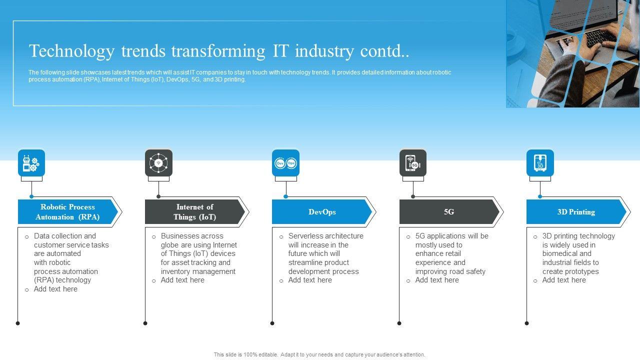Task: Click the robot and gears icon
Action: [x=31, y=163]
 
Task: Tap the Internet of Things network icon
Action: [x=158, y=163]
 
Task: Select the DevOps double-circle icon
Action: [x=285, y=163]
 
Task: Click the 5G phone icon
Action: [x=413, y=163]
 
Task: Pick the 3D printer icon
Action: [x=540, y=163]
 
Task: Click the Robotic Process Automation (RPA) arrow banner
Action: [x=67, y=212]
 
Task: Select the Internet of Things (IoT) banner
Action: [x=194, y=212]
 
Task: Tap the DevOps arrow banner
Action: [x=321, y=212]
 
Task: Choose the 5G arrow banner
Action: [x=449, y=212]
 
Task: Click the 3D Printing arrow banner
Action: [x=576, y=212]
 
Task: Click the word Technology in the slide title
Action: [x=72, y=51]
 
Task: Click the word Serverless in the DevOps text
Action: [x=306, y=236]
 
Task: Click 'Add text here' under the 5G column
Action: [x=437, y=280]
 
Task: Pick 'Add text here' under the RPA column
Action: [x=55, y=289]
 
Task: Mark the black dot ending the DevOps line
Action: [x=272, y=323]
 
